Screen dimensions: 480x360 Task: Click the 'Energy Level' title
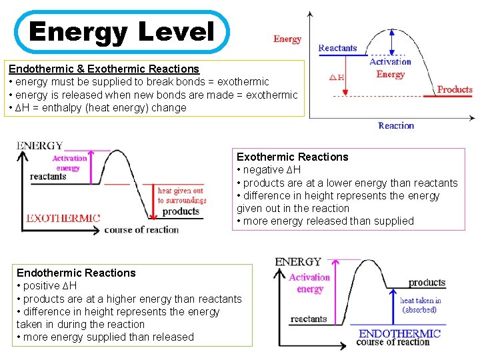tap(121, 31)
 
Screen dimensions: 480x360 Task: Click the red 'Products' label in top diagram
tap(455, 89)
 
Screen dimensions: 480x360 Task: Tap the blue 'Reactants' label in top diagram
tap(337, 48)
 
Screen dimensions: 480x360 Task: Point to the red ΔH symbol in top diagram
tap(337, 77)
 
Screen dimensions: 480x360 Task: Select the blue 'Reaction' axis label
tap(396, 125)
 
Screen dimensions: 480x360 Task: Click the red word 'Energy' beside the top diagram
tap(287, 39)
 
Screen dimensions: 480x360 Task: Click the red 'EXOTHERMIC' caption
tap(63, 217)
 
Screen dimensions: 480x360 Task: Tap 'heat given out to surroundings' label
tap(182, 195)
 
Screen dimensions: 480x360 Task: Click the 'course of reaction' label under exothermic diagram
tap(141, 230)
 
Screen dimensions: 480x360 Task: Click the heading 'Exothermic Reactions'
tap(293, 157)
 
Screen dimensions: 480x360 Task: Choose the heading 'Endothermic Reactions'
tap(76, 273)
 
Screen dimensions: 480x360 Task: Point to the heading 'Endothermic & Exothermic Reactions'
tap(104, 69)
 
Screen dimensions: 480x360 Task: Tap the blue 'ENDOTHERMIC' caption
tap(400, 333)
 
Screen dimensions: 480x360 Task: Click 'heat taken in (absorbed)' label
tap(420, 305)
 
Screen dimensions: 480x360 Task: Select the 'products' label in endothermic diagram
tap(427, 283)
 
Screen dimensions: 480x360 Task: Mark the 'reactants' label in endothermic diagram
tap(309, 319)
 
